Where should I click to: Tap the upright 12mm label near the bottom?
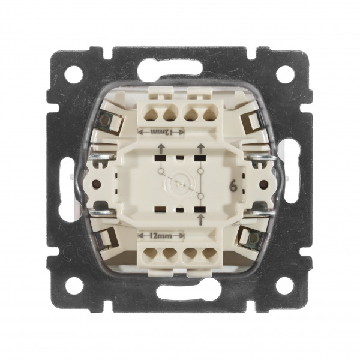(161, 235)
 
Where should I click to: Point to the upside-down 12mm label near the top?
(161, 132)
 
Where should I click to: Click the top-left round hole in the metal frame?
(74, 74)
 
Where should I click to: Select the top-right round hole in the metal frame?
(285, 74)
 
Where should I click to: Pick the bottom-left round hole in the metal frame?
(74, 286)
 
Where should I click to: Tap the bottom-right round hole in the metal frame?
(285, 286)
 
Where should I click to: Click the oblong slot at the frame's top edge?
(170, 69)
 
